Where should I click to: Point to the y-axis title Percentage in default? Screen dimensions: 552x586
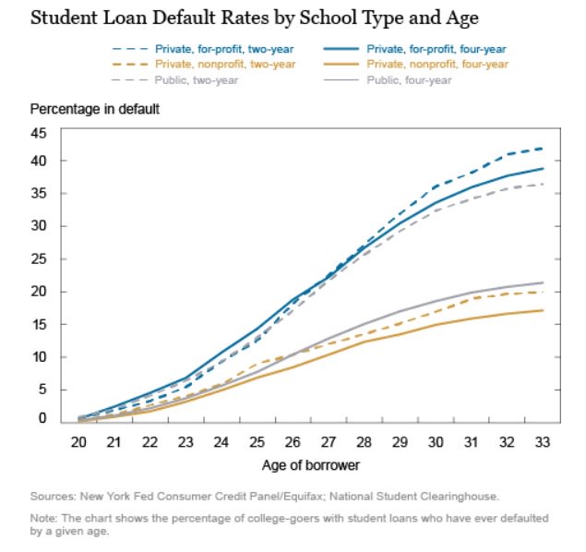[95, 109]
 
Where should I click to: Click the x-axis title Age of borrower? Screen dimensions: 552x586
[309, 467]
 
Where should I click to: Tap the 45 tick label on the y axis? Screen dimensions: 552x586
[39, 133]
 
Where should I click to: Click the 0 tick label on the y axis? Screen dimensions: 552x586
[42, 418]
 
